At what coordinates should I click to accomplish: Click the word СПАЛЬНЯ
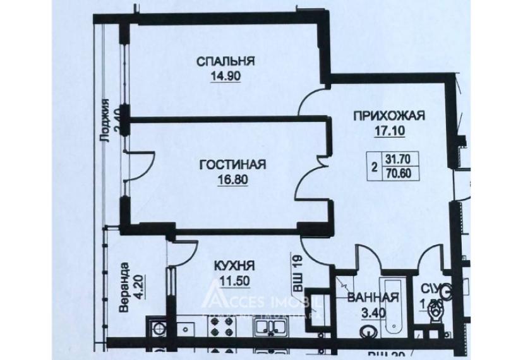click(x=225, y=61)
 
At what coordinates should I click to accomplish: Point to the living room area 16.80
click(x=232, y=179)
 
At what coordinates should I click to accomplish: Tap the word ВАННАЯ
click(x=373, y=299)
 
